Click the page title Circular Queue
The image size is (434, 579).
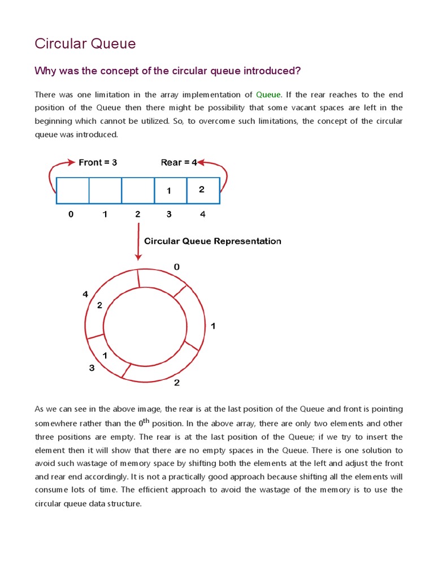(85, 44)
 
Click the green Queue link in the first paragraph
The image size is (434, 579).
(268, 94)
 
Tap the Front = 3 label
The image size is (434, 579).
(98, 162)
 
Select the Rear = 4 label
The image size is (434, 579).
(179, 162)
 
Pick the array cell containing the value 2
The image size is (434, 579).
(203, 191)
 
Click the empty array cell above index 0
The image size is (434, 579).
(72, 191)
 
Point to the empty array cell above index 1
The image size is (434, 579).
(105, 191)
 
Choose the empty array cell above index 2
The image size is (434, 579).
(138, 191)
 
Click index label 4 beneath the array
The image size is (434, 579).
(202, 214)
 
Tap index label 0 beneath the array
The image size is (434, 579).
(71, 214)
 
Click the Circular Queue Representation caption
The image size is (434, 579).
(212, 241)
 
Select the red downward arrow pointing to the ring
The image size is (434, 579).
(138, 241)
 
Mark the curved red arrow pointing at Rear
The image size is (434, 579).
(218, 172)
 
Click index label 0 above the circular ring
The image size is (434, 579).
(176, 266)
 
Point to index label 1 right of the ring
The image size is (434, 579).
(213, 326)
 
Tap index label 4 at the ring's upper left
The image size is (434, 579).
(85, 294)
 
